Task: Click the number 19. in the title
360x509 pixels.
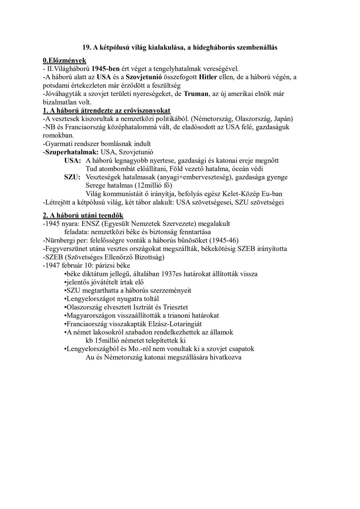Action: pyautogui.click(x=87, y=47)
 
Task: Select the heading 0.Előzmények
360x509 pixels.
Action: pyautogui.click(x=64, y=60)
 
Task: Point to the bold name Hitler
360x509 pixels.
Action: pyautogui.click(x=208, y=77)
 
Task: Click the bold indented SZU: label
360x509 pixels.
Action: pyautogui.click(x=72, y=177)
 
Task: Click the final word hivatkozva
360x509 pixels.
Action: pyautogui.click(x=225, y=357)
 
